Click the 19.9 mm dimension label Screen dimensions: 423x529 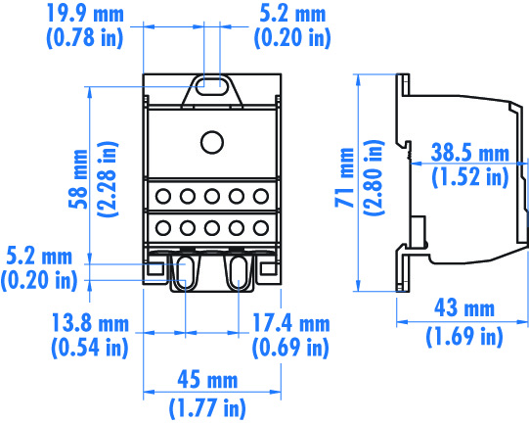tap(86, 15)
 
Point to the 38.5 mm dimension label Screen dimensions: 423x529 tap(470, 154)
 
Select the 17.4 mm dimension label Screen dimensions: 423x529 tap(290, 322)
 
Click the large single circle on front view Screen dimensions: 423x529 tap(211, 143)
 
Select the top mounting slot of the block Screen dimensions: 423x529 tap(211, 86)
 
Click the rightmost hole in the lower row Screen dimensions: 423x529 tap(259, 228)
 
